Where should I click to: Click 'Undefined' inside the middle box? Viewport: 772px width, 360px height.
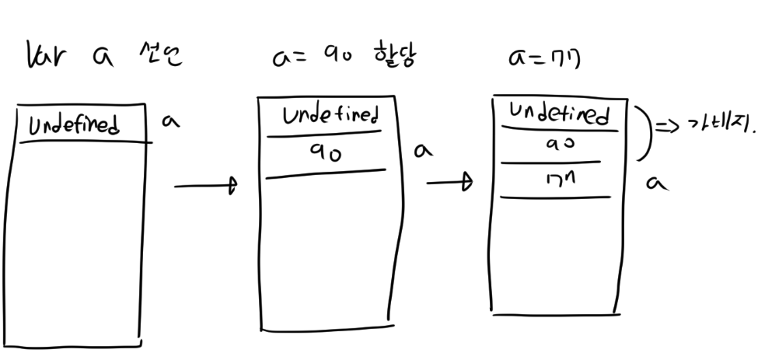[x=331, y=117]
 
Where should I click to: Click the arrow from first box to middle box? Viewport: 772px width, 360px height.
[x=204, y=187]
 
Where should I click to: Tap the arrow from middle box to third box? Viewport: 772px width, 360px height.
[x=449, y=183]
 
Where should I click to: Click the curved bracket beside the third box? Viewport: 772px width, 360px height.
[x=643, y=132]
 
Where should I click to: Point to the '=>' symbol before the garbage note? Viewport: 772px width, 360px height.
[x=666, y=126]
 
